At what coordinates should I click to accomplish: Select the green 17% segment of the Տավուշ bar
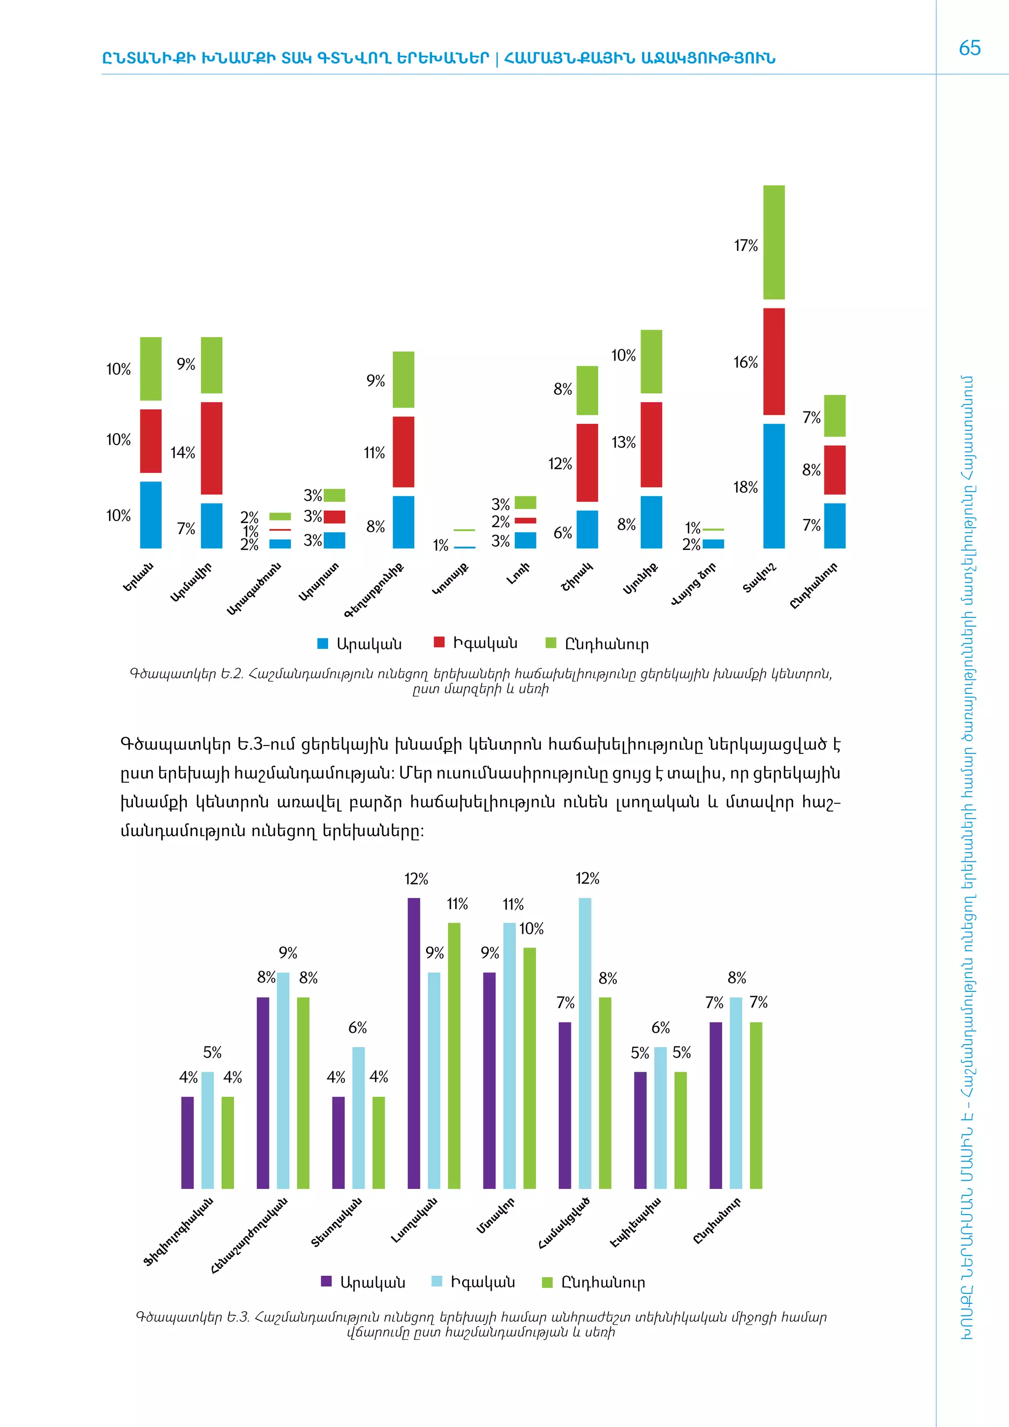(x=774, y=242)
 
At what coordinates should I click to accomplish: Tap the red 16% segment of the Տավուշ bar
(x=774, y=361)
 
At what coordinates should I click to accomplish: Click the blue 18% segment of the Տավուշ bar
(x=774, y=485)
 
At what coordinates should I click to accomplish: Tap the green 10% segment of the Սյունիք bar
(x=651, y=361)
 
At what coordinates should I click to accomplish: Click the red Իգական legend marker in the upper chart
(x=439, y=642)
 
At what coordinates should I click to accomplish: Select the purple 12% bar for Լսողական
(x=414, y=1043)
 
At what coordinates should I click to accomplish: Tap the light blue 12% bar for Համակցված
(x=585, y=1043)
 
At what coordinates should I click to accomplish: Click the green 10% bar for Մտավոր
(x=529, y=1068)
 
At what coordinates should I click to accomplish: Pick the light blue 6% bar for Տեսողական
(x=359, y=1118)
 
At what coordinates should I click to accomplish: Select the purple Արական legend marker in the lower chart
(x=326, y=1281)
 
